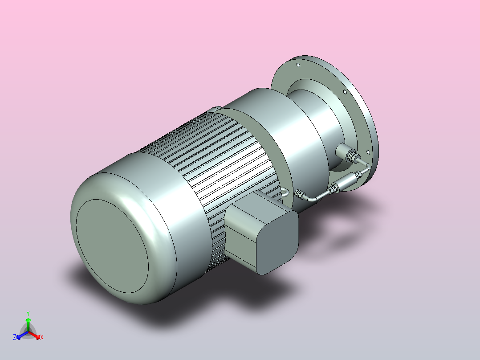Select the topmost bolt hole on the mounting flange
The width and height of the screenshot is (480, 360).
(x=298, y=65)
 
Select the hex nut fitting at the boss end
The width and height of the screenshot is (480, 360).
(x=353, y=157)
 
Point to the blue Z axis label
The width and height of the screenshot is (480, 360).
(x=15, y=337)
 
